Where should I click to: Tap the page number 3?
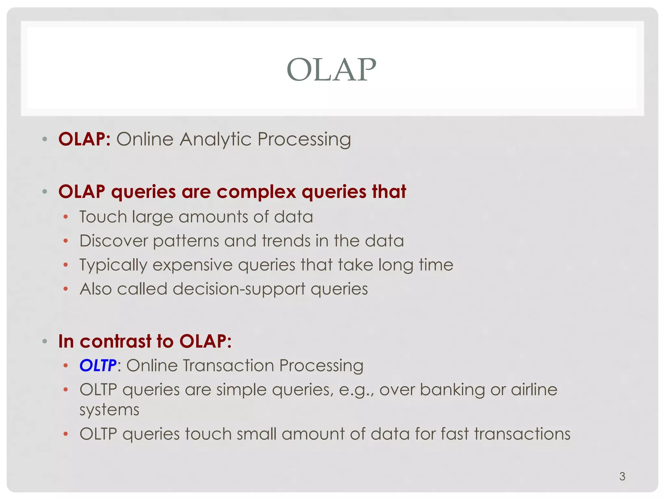point(622,476)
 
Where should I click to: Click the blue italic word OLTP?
point(98,365)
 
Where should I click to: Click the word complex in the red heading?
point(256,192)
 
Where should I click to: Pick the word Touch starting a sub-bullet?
point(103,217)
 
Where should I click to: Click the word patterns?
point(186,241)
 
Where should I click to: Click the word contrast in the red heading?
point(116,341)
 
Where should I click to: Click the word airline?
point(534,390)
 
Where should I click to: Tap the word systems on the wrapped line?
point(109,410)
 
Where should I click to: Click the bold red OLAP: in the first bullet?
point(84,139)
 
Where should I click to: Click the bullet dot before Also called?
point(66,289)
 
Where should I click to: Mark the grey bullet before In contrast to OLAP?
point(45,341)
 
